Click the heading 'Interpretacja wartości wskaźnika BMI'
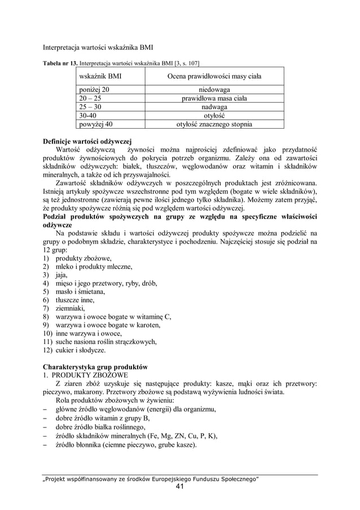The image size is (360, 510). pos(99,46)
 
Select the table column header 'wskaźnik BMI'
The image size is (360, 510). pos(100,75)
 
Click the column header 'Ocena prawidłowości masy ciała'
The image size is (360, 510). pos(214,75)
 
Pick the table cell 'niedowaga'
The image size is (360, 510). pos(214,89)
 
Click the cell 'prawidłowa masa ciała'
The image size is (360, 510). pos(214,98)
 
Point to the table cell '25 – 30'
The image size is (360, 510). pos(91,107)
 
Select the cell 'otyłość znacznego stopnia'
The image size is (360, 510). pos(214,124)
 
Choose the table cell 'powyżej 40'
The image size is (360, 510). pos(95,124)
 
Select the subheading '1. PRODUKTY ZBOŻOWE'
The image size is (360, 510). pos(85,374)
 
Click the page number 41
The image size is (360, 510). pos(179,487)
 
